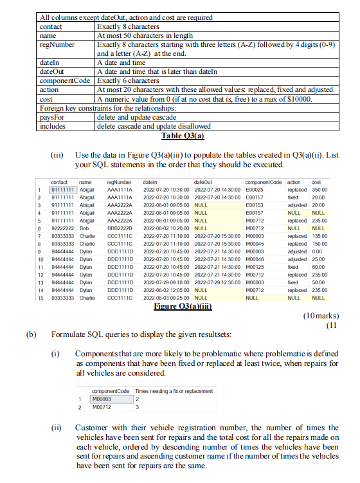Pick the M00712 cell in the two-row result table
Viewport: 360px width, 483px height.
tap(106, 406)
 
